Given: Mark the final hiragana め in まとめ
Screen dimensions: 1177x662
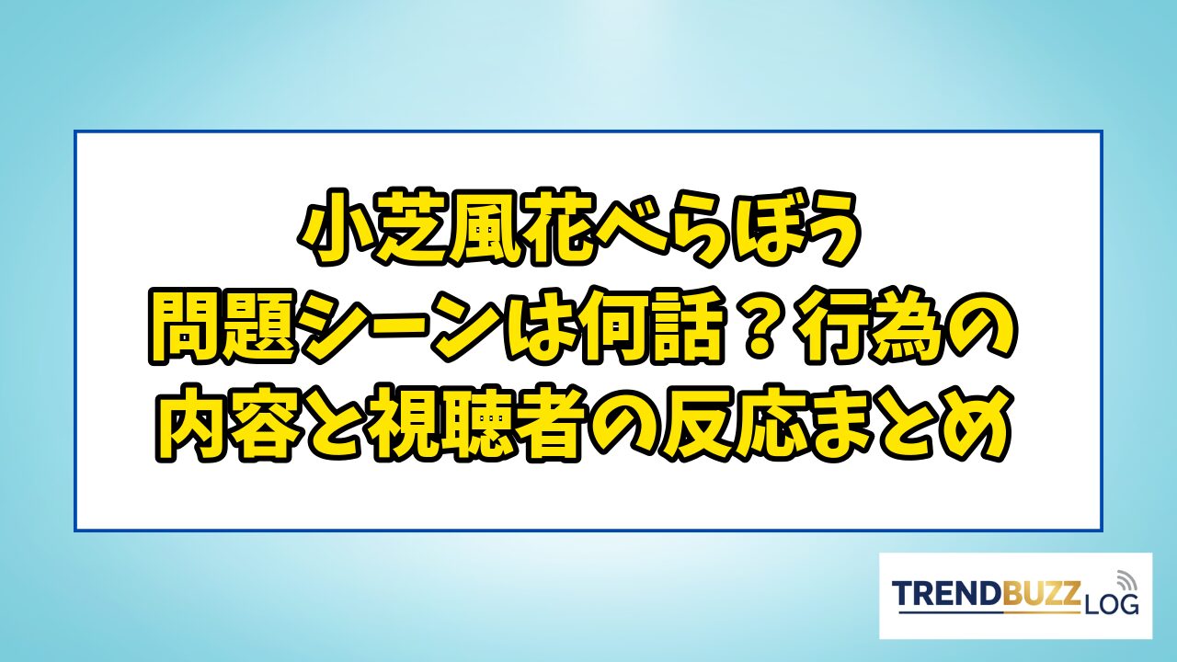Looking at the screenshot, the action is coord(979,427).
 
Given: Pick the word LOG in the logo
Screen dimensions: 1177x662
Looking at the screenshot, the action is coord(1110,605).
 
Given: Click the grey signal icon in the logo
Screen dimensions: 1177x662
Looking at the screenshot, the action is coord(1125,580).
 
